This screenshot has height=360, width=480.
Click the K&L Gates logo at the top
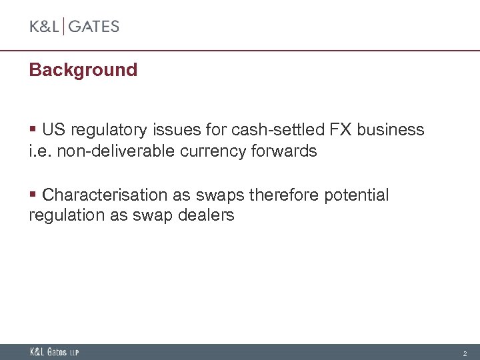click(x=74, y=27)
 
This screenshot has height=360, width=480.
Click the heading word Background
click(x=83, y=70)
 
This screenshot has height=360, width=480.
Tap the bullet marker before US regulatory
click(x=33, y=129)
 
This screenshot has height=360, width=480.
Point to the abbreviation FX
click(x=329, y=129)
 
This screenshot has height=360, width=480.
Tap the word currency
click(x=215, y=151)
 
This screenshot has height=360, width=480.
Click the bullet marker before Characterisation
click(x=33, y=195)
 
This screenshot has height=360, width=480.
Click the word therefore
click(x=284, y=195)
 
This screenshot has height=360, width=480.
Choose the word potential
click(x=356, y=195)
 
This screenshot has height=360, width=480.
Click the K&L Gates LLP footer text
click(x=54, y=352)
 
